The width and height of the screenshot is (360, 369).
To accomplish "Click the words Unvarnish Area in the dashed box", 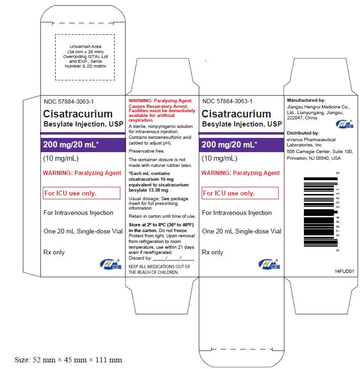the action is [86, 47].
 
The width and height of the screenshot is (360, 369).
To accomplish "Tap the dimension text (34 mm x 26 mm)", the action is [86, 52].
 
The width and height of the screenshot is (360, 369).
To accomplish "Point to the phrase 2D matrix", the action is [97, 66].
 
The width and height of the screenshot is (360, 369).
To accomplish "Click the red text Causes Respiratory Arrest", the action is [158, 106].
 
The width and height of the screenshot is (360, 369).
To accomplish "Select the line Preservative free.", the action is [146, 151].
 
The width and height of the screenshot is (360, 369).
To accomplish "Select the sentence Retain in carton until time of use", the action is [162, 216].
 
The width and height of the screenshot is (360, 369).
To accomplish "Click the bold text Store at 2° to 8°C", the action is [149, 225].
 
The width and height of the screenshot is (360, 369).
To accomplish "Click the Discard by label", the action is [140, 258].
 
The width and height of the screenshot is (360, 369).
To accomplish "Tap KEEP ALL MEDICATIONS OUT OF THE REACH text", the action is [159, 270].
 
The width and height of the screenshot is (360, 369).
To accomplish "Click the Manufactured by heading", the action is [306, 100].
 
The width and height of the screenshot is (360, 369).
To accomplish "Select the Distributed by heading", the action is [303, 133].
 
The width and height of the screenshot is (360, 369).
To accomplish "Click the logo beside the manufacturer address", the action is [344, 124].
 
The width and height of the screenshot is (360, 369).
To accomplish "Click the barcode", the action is [321, 212].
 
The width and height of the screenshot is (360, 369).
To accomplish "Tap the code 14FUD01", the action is [344, 271].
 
